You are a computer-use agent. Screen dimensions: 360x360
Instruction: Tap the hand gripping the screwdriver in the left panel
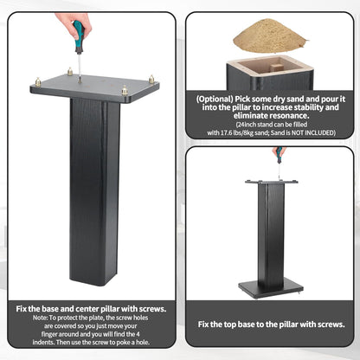click(x=70, y=22)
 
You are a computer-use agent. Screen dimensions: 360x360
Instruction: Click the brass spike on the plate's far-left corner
click(x=38, y=81)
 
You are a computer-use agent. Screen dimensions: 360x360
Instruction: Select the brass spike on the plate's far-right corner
click(x=151, y=80)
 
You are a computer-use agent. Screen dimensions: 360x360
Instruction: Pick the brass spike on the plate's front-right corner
click(x=125, y=90)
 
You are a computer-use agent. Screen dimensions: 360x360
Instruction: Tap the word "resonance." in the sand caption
click(x=294, y=116)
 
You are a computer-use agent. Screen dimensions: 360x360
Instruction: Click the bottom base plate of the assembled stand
click(x=271, y=288)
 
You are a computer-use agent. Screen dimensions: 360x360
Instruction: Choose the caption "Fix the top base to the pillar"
click(x=258, y=325)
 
